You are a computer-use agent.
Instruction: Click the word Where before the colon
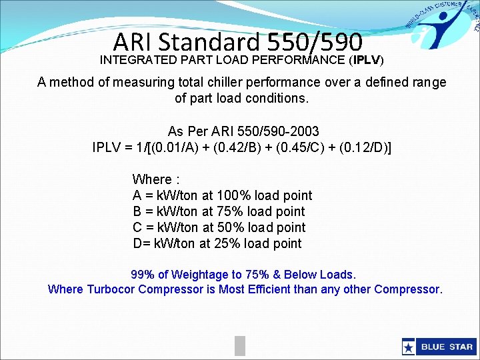pos(152,179)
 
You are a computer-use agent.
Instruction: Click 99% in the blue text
pos(142,275)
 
